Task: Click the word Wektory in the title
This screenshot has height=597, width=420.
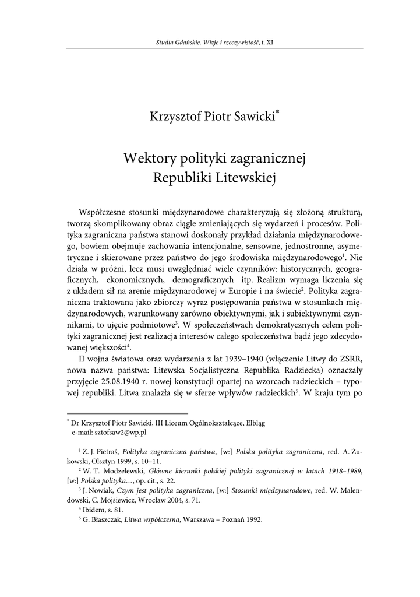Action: (x=148, y=158)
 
